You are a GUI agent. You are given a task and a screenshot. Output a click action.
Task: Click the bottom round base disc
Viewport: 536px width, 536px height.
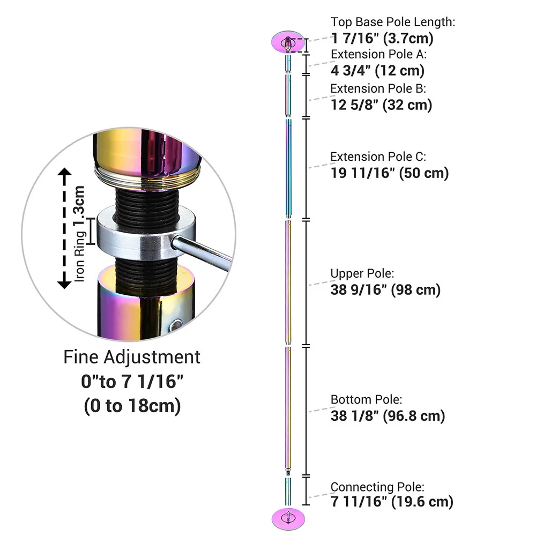click(x=288, y=517)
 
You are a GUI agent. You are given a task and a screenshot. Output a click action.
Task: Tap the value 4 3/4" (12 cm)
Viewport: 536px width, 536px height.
click(x=377, y=70)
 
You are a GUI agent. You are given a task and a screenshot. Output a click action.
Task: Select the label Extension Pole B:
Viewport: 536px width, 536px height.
click(x=378, y=88)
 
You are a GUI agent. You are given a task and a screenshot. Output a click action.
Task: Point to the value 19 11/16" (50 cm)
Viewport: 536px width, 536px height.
click(x=389, y=173)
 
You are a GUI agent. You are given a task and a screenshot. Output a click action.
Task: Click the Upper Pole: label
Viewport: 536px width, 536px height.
click(x=362, y=273)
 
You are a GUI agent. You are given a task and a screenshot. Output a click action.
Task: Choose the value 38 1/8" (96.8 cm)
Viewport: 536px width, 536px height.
click(x=388, y=415)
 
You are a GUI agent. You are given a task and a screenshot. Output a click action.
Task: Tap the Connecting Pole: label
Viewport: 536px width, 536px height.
click(x=377, y=487)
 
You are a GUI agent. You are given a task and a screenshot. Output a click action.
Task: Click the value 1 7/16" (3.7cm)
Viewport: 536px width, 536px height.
click(x=382, y=38)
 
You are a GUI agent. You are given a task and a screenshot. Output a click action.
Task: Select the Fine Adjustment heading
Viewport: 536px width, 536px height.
click(x=132, y=357)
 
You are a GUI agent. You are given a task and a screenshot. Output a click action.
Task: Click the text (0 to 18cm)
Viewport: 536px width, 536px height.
click(x=132, y=406)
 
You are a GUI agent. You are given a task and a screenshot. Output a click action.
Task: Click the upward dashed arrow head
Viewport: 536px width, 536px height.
click(x=65, y=173)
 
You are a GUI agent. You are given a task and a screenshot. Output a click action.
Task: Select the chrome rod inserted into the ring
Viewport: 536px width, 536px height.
click(x=204, y=251)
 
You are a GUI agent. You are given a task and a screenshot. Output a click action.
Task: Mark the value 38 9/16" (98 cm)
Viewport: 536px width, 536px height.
click(x=385, y=289)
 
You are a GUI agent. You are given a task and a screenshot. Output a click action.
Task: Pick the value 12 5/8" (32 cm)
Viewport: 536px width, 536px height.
click(x=381, y=105)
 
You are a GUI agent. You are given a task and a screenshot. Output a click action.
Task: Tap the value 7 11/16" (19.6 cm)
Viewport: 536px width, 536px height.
click(x=392, y=502)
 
